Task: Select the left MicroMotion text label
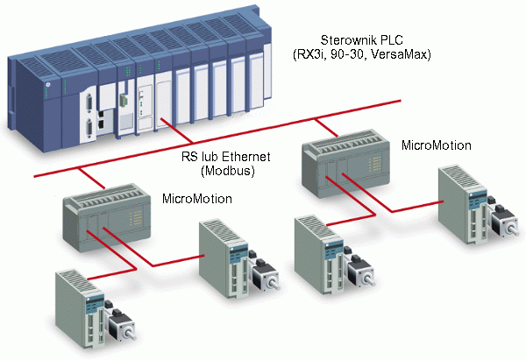click(x=197, y=199)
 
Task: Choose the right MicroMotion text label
click(x=436, y=145)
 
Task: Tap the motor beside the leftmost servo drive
click(x=122, y=328)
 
